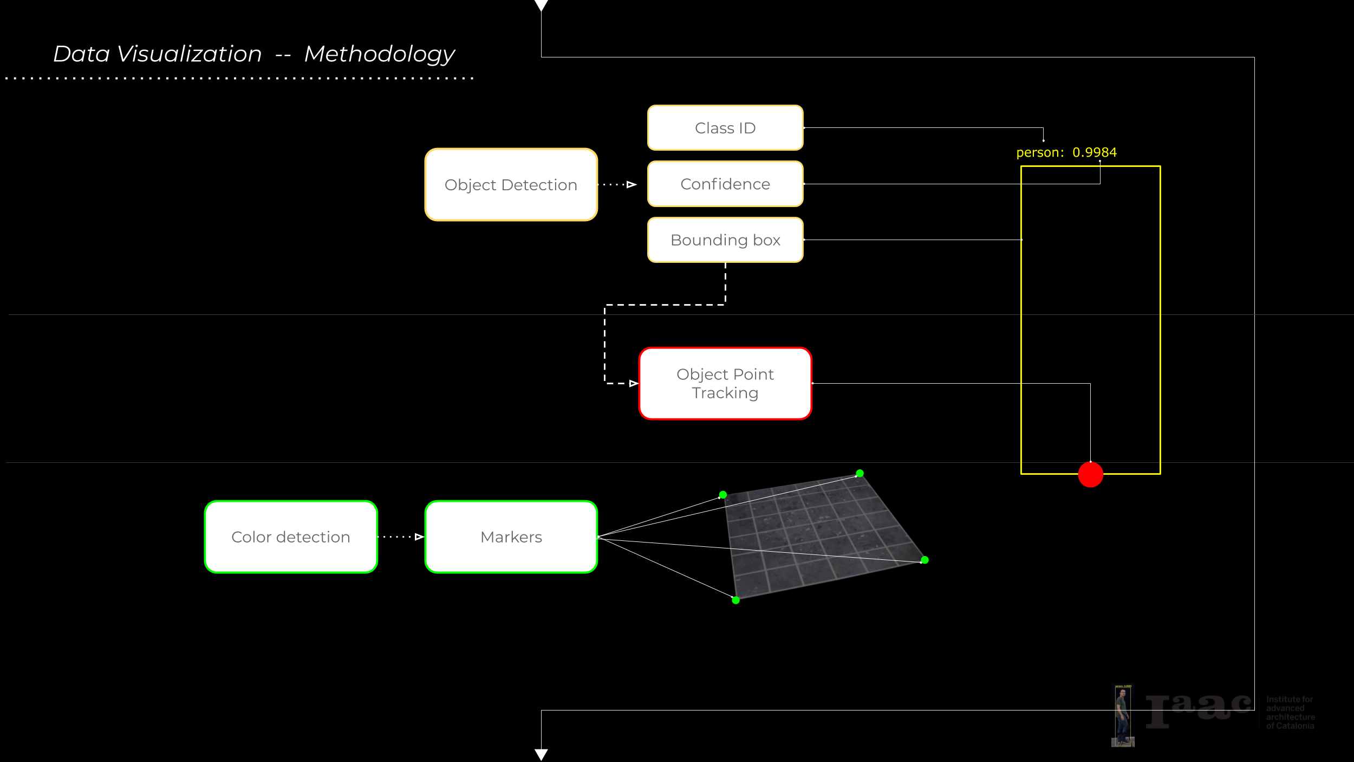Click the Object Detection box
coord(511,185)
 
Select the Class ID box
coord(725,128)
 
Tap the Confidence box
coord(725,184)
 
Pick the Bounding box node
coord(725,240)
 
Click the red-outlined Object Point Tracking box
coord(725,383)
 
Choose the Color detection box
coord(291,537)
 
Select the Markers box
coord(511,537)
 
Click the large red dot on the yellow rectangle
coord(1090,475)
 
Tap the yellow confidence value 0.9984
coord(1095,152)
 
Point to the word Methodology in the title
coord(379,54)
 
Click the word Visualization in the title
coord(190,54)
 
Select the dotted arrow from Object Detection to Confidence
coord(617,185)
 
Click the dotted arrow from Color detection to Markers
coord(401,537)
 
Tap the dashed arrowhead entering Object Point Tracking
coord(633,384)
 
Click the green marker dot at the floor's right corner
coord(925,560)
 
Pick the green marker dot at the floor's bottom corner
coord(735,600)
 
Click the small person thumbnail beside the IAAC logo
coord(1123,715)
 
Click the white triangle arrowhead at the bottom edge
coord(541,754)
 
